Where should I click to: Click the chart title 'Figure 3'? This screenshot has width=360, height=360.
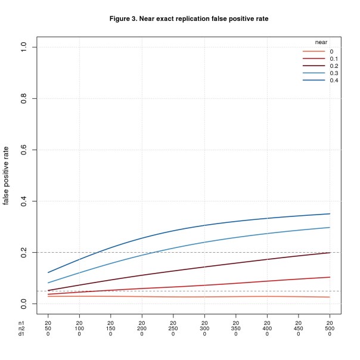[x=189, y=19]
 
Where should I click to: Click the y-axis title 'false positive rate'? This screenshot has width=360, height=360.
[x=7, y=175]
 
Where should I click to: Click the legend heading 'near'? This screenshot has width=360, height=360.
[x=322, y=42]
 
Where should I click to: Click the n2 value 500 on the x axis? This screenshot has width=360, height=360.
[x=330, y=328]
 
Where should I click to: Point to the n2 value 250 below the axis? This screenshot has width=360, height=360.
[x=173, y=328]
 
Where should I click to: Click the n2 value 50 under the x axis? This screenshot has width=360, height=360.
[x=48, y=328]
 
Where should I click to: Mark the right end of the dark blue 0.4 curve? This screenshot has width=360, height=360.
[x=330, y=213]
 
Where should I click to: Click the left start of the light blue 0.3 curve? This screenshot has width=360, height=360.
[x=48, y=283]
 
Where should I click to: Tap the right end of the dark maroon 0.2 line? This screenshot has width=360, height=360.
[x=330, y=253]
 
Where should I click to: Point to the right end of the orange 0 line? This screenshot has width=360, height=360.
[x=330, y=297]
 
